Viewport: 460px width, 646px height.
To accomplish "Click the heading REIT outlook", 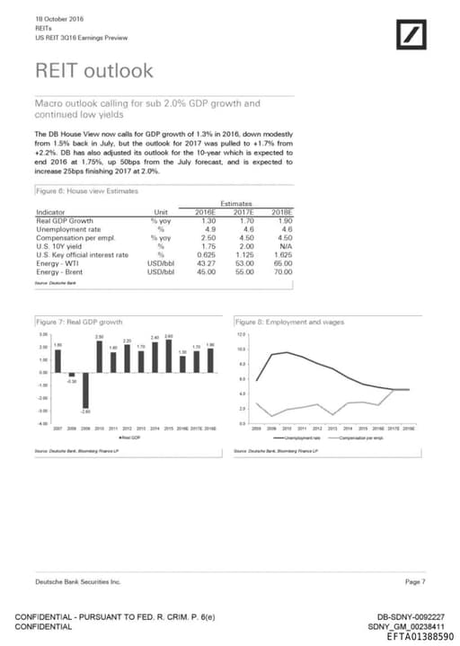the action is tap(93, 70).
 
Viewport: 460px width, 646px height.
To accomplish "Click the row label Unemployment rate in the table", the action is tap(74, 228).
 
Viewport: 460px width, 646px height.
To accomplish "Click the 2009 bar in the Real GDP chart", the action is tap(85, 391).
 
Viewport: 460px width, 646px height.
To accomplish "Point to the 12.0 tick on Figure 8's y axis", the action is tap(241, 334).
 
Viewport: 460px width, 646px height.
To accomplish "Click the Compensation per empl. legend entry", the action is tap(365, 438).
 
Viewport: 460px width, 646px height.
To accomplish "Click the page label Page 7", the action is tap(415, 582).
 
